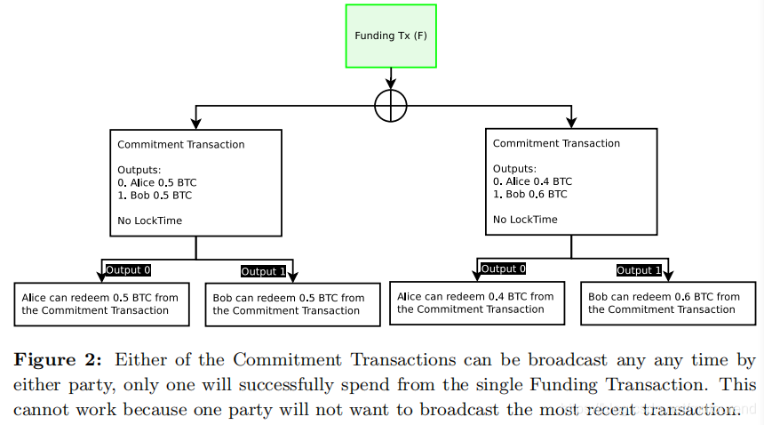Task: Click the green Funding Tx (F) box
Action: (x=391, y=36)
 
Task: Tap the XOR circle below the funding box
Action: (x=391, y=106)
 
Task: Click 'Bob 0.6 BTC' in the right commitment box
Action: (x=536, y=194)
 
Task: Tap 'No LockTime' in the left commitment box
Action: (x=149, y=220)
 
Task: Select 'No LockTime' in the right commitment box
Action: (x=525, y=219)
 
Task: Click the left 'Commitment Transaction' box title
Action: (x=181, y=144)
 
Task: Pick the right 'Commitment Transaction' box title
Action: (x=556, y=143)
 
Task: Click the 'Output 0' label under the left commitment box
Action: (x=129, y=269)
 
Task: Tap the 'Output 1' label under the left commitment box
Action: (x=264, y=271)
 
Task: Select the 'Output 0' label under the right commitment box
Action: (x=504, y=269)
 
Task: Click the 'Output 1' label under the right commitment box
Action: (x=639, y=270)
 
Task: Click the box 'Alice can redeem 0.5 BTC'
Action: (x=102, y=304)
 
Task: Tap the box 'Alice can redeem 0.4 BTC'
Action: (x=477, y=303)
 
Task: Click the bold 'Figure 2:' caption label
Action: (x=57, y=360)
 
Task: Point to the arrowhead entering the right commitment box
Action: (x=571, y=122)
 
